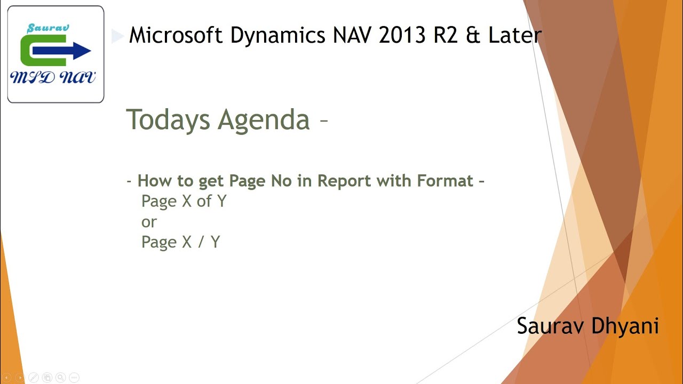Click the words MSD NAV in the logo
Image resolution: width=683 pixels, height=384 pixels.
pos(53,78)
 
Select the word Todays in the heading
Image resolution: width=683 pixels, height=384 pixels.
pos(168,119)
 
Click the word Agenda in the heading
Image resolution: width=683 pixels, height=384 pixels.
pos(264,119)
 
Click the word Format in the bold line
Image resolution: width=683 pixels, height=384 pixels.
pos(445,181)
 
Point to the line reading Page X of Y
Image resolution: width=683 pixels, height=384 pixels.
pos(184,202)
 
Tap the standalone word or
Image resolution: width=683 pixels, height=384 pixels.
pos(149,222)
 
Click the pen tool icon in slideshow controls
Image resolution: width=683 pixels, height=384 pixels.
pos(33,378)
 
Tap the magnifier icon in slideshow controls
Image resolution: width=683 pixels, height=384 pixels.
pos(60,378)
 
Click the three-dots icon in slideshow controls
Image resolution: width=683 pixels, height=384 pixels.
pos(74,378)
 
